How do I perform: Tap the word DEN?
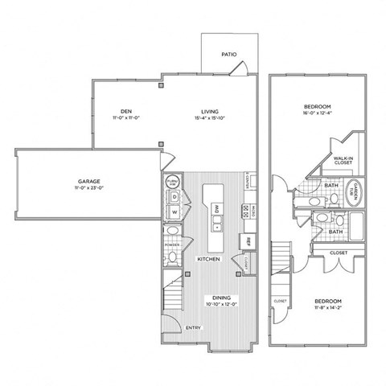click(125, 111)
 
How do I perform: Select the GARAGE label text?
click(88, 183)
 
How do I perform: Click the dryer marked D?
click(174, 197)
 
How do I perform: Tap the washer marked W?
click(174, 213)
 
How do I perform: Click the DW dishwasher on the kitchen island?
click(217, 209)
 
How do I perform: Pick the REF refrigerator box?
click(248, 240)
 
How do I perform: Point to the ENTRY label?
click(194, 328)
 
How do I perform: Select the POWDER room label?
click(171, 244)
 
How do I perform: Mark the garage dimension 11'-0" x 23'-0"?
click(88, 191)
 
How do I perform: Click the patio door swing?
click(236, 72)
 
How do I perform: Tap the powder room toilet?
click(171, 257)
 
